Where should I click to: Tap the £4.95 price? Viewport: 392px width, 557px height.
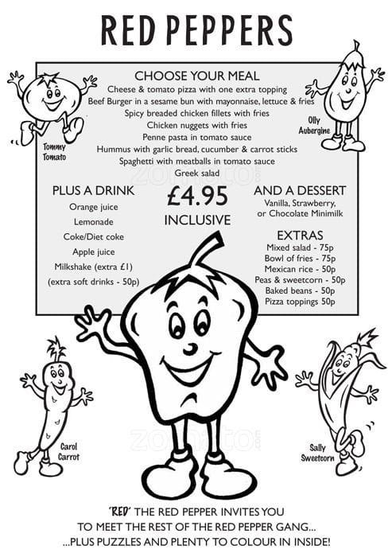coord(197,195)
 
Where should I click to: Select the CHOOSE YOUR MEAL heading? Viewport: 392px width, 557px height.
coord(196,76)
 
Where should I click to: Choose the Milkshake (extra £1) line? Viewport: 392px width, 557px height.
coord(94,267)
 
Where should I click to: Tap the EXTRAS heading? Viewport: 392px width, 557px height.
coord(300,236)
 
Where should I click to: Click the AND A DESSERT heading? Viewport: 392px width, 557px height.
coord(300,191)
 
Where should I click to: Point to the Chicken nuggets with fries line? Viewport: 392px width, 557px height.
coord(196,125)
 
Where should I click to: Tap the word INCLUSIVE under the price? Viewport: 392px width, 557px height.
coord(197,219)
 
